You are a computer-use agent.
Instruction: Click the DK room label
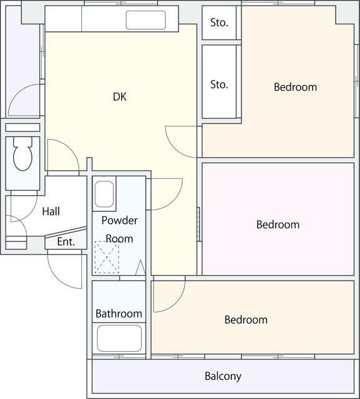point(120,97)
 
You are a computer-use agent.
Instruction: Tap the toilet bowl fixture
point(22,154)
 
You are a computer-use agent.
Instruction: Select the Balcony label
point(223,377)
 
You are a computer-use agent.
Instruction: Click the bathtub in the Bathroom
point(119,338)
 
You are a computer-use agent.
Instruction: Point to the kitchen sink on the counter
point(145,20)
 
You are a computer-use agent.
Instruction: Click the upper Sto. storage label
point(219,22)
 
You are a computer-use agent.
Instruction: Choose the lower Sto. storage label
point(219,85)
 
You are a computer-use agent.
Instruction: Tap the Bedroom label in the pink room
point(278,224)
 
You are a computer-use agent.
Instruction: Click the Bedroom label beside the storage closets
point(295,87)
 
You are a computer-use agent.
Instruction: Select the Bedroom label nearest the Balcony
point(246,320)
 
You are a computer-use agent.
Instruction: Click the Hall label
point(51,211)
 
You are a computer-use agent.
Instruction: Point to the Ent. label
point(66,241)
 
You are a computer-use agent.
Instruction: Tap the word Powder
point(119,220)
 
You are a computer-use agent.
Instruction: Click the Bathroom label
point(119,314)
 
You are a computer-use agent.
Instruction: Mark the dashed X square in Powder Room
point(107,257)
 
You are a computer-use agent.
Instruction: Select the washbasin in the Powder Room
point(104,194)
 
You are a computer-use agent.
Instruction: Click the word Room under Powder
point(119,239)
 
